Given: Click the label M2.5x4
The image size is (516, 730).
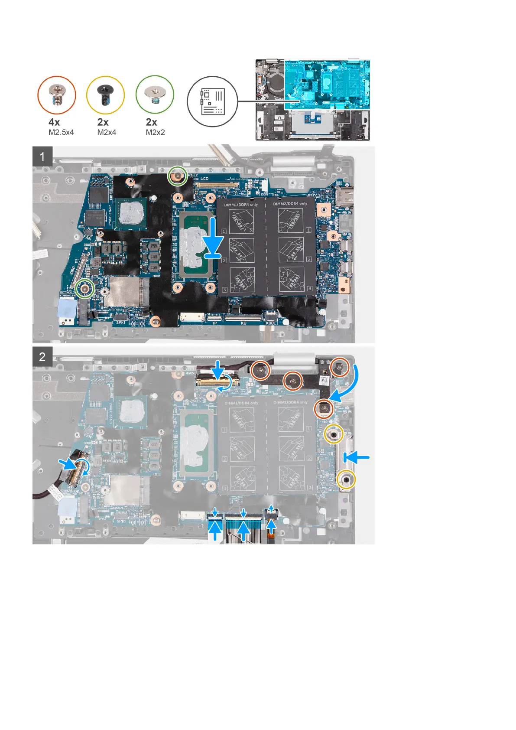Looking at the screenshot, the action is [61, 133].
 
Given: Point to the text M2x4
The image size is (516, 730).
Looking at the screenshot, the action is [107, 133].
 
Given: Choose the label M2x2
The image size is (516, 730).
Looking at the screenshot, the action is [155, 133].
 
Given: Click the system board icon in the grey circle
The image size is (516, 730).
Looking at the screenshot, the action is [212, 101].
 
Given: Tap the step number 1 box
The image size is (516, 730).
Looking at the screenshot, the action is [42, 156].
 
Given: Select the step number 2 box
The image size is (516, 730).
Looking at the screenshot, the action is [42, 357].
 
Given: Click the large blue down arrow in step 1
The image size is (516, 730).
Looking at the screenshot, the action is [216, 238].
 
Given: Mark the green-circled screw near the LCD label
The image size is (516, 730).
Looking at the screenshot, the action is [178, 176].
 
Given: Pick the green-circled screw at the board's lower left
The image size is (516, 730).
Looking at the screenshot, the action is [85, 288].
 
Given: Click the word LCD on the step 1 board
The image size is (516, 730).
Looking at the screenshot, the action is [204, 179].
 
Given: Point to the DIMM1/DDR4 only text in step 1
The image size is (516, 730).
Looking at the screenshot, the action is [241, 204].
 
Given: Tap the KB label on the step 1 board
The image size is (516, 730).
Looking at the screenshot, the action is [243, 323].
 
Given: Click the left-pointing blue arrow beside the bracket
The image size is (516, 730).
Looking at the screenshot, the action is [357, 456].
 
